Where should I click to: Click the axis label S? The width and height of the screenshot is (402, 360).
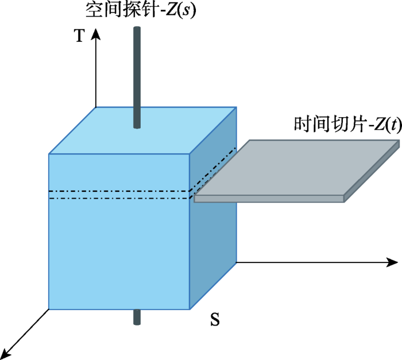(x=215, y=320)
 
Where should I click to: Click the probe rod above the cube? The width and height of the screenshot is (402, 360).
(x=137, y=75)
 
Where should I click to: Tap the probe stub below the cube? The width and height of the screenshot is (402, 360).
(x=137, y=317)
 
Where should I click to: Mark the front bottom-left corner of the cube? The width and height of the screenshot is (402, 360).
(x=49, y=309)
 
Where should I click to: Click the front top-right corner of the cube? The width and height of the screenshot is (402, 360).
(x=190, y=154)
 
